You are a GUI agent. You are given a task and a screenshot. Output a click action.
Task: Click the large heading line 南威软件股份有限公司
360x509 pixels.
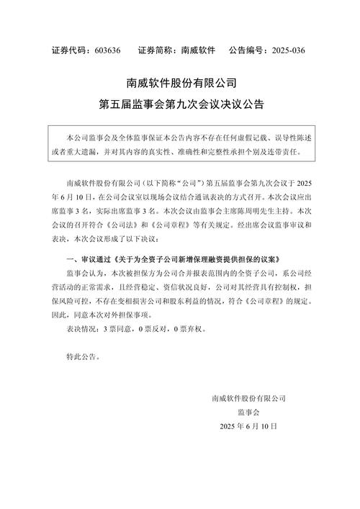coord(180,84)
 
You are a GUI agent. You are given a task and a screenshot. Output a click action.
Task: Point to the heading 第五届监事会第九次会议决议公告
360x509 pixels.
coord(180,105)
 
